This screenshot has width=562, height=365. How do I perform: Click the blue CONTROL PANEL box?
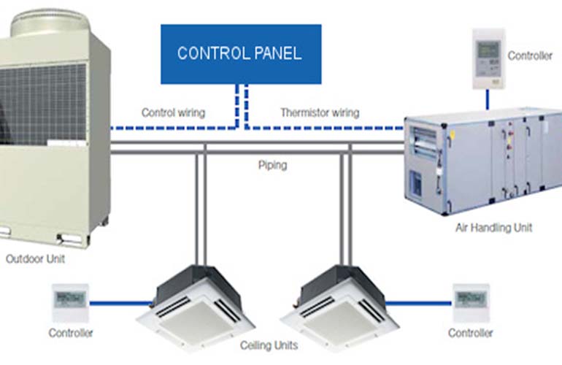[241, 53]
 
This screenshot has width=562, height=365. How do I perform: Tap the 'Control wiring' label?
[173, 112]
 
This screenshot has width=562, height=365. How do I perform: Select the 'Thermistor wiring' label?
[320, 112]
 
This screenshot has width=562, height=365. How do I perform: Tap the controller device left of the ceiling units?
[71, 301]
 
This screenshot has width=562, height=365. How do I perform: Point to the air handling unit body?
[482, 161]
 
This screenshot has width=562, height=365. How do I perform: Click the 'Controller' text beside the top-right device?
[530, 55]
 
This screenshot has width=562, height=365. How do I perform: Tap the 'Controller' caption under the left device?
[71, 333]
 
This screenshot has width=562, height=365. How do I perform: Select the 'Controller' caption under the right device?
[471, 333]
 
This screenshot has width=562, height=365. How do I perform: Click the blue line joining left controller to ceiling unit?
[121, 301]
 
